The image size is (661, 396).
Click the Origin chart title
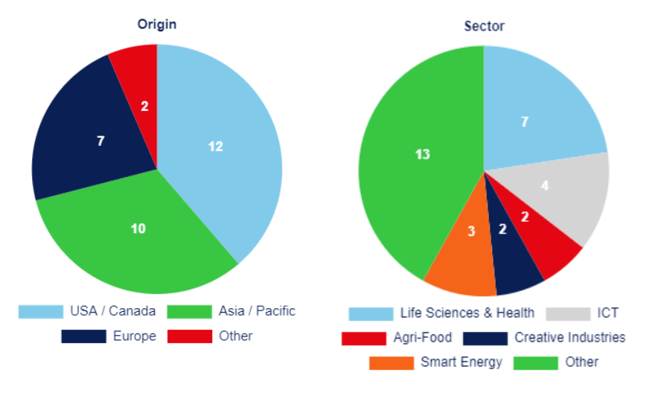pyautogui.click(x=156, y=25)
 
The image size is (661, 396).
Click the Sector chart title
pyautogui.click(x=484, y=27)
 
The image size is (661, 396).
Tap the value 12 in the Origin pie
pyautogui.click(x=216, y=147)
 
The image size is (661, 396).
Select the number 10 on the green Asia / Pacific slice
pyautogui.click(x=138, y=229)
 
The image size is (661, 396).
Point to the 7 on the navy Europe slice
pyautogui.click(x=100, y=140)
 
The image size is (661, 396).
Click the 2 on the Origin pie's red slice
pyautogui.click(x=144, y=106)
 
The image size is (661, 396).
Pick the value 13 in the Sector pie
pyautogui.click(x=423, y=155)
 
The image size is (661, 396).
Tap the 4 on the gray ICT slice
pyautogui.click(x=544, y=186)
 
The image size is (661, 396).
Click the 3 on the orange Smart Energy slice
pyautogui.click(x=471, y=231)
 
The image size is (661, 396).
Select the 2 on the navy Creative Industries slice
pyautogui.click(x=502, y=229)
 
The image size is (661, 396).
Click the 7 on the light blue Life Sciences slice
pyautogui.click(x=525, y=122)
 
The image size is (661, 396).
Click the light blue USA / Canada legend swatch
pyautogui.click(x=40, y=311)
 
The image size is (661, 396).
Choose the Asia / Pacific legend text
pyautogui.click(x=257, y=311)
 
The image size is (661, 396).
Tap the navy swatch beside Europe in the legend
pyautogui.click(x=83, y=336)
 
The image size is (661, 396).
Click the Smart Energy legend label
pyautogui.click(x=462, y=363)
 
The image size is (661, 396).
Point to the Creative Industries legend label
pyautogui.click(x=570, y=338)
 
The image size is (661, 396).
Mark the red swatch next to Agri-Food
pyautogui.click(x=363, y=338)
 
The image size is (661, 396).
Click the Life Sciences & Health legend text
pyautogui.click(x=467, y=313)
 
